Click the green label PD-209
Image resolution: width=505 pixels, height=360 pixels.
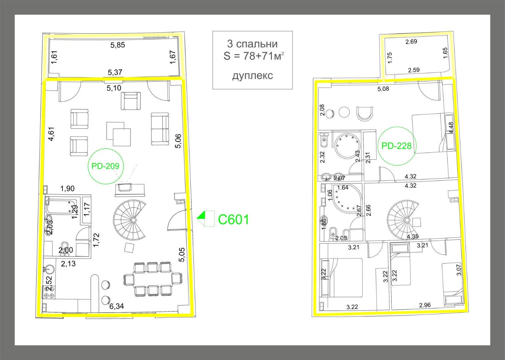(105, 166)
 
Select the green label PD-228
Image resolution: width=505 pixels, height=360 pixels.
(396, 146)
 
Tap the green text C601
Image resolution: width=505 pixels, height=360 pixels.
(233, 220)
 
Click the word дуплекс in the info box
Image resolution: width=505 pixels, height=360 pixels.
(252, 76)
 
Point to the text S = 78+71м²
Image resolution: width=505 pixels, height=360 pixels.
(254, 56)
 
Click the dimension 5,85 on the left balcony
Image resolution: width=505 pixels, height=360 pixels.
(117, 45)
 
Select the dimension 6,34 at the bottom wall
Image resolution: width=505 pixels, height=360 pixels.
(116, 306)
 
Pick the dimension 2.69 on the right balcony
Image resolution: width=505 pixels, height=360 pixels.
(411, 42)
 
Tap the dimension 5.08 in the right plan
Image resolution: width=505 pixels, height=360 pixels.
(383, 89)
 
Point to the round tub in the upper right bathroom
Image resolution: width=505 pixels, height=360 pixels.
(347, 146)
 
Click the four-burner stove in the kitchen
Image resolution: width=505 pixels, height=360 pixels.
(49, 293)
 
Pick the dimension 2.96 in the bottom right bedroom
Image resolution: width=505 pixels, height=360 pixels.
(425, 305)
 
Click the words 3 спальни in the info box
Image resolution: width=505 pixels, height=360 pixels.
(252, 44)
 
